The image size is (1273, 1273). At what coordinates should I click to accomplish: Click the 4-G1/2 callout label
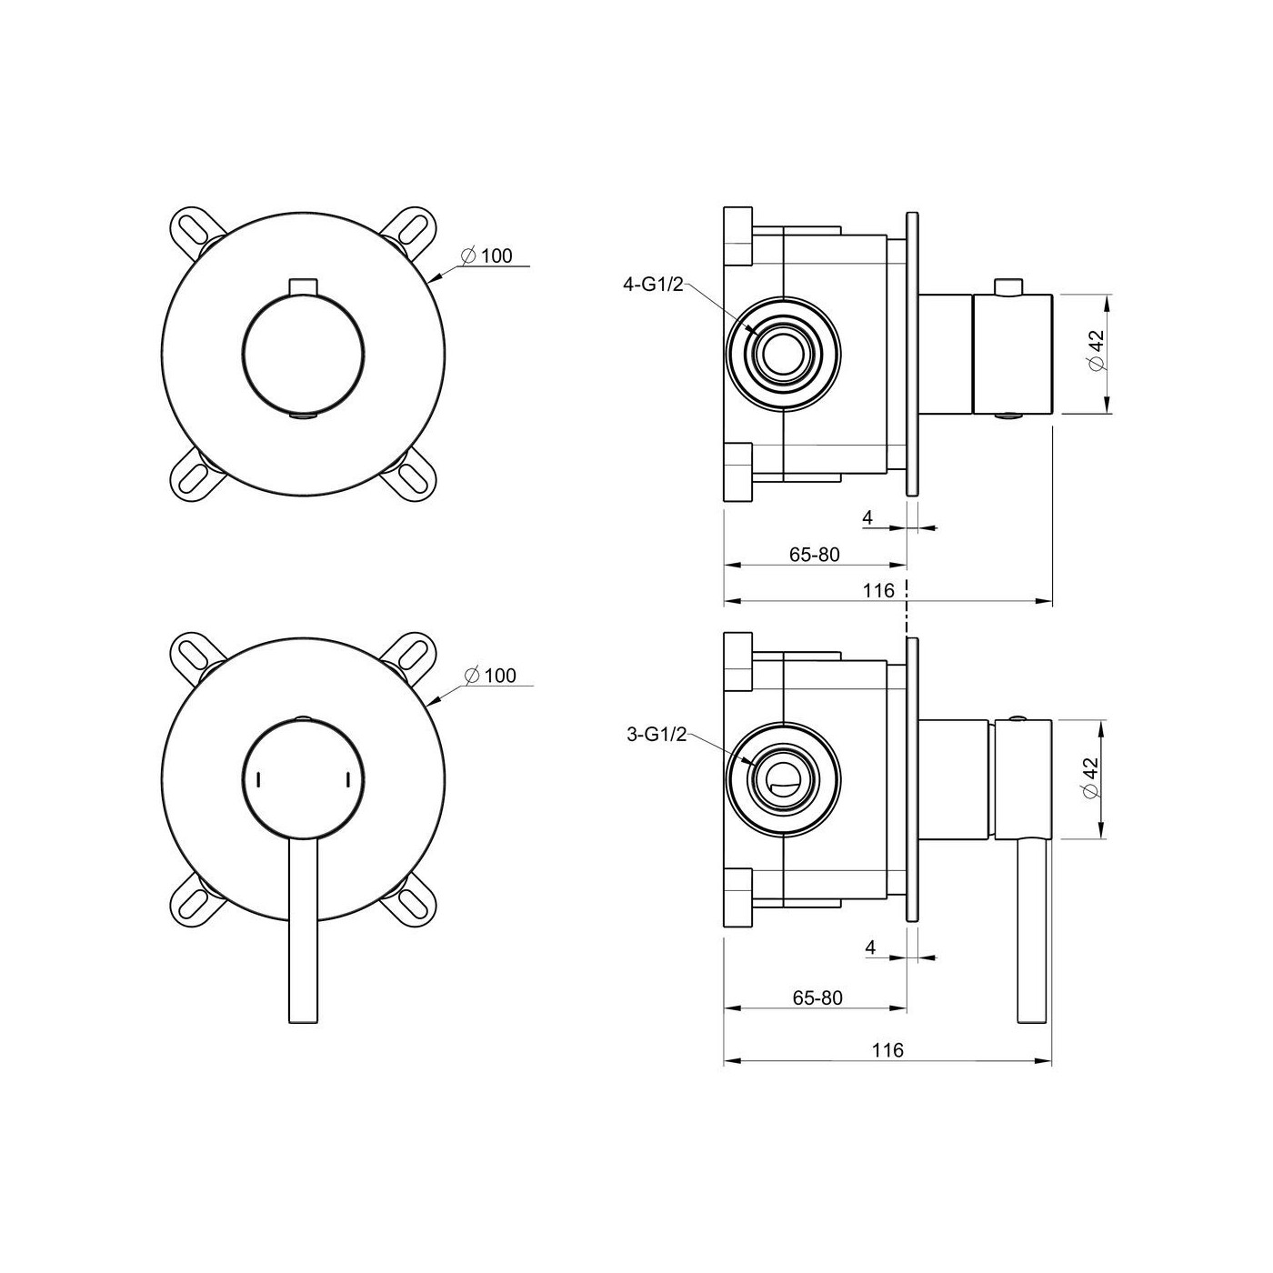pos(654,285)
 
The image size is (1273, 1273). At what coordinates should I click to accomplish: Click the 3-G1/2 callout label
pos(656,734)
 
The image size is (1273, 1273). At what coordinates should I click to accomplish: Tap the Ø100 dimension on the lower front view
pos(490,676)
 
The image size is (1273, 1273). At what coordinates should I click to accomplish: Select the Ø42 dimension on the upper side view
pos(1094,354)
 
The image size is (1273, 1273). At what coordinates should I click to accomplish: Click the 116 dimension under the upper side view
pos(878,590)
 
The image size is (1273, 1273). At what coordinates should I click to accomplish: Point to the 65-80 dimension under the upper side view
pos(814,555)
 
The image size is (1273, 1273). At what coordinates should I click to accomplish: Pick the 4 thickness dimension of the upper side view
pos(867,517)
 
